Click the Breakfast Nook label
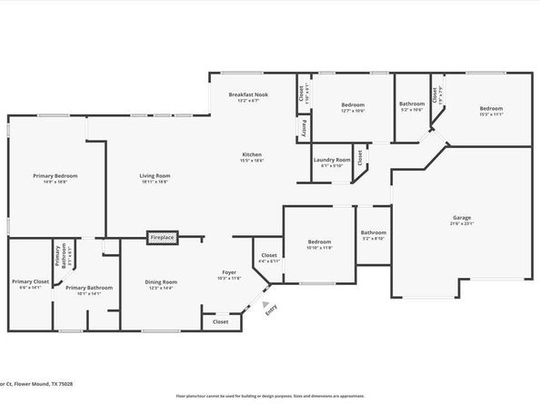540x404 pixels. [x=248, y=94]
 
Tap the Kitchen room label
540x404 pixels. [x=252, y=153]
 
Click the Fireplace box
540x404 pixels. [x=162, y=237]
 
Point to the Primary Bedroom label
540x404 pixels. [x=55, y=175]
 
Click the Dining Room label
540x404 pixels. [x=161, y=282]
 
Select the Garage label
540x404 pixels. [x=462, y=218]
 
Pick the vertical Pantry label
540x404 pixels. [x=302, y=128]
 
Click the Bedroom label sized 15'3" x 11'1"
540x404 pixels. [x=491, y=109]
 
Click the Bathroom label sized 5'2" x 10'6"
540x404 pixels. [x=412, y=104]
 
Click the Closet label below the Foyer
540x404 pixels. [x=221, y=321]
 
